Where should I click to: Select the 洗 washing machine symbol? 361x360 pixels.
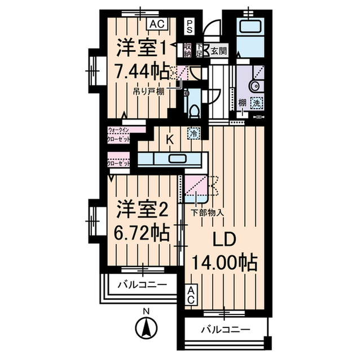(256, 103)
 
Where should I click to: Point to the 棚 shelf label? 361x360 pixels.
(241, 103)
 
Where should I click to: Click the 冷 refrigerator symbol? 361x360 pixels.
(193, 134)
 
